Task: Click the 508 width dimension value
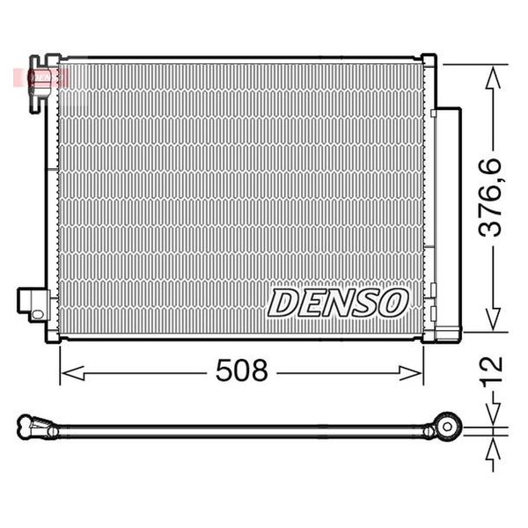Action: pyautogui.click(x=242, y=370)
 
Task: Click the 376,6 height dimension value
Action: pyautogui.click(x=490, y=197)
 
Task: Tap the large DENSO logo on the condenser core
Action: pyautogui.click(x=338, y=303)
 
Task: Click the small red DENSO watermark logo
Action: pyautogui.click(x=41, y=77)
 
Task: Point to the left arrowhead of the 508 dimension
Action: pyautogui.click(x=72, y=373)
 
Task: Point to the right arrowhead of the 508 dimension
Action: pyautogui.click(x=410, y=373)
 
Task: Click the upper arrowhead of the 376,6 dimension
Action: pyautogui.click(x=493, y=78)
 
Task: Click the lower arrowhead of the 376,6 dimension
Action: pyautogui.click(x=493, y=319)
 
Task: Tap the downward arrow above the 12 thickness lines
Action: pyautogui.click(x=493, y=414)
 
